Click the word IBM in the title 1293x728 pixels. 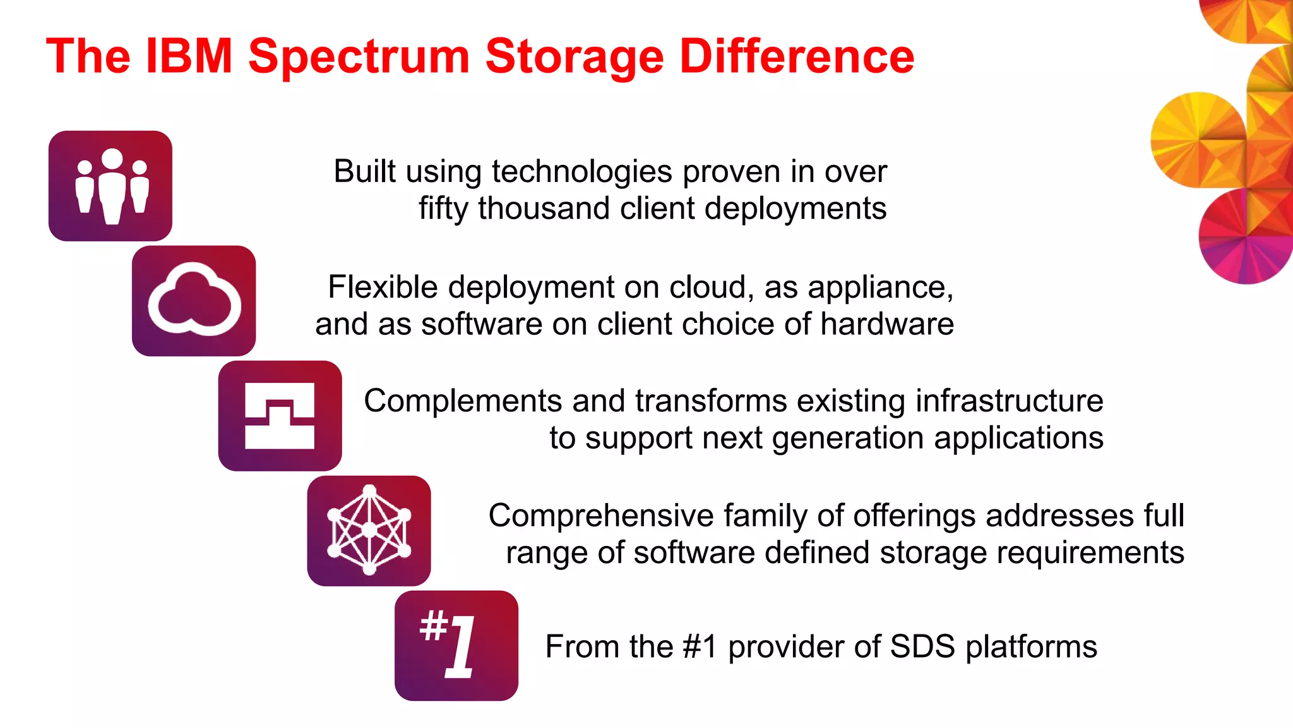click(x=189, y=56)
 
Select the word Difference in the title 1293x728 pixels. click(x=797, y=56)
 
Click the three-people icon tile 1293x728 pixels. click(x=110, y=186)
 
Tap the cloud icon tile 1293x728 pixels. click(x=194, y=301)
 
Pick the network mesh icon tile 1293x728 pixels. click(x=369, y=531)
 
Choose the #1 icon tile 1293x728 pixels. click(x=456, y=645)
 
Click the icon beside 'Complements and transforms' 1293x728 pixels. click(x=280, y=416)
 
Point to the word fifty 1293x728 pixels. click(x=443, y=209)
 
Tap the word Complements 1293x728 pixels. click(x=463, y=402)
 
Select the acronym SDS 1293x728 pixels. click(x=922, y=646)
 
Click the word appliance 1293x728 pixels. click(x=880, y=288)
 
